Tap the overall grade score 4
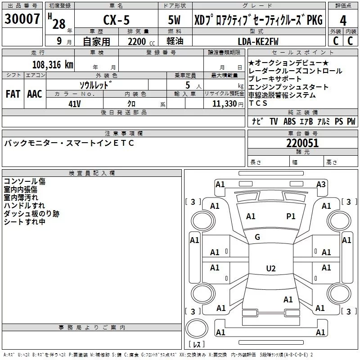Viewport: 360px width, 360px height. click(343, 20)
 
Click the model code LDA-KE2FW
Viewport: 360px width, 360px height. click(258, 41)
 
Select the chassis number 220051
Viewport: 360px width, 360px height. click(302, 143)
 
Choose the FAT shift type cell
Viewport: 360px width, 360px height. click(13, 94)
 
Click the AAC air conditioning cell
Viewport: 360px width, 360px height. click(34, 94)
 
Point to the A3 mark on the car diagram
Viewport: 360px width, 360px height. click(320, 184)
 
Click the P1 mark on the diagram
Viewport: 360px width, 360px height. click(291, 216)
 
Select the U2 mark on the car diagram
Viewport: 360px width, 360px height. click(270, 269)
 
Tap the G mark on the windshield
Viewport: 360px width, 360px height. click(257, 237)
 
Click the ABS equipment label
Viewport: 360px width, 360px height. click(289, 121)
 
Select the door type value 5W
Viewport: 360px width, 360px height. click(175, 20)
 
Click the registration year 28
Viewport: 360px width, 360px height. click(58, 23)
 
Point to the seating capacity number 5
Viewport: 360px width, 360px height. click(187, 85)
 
